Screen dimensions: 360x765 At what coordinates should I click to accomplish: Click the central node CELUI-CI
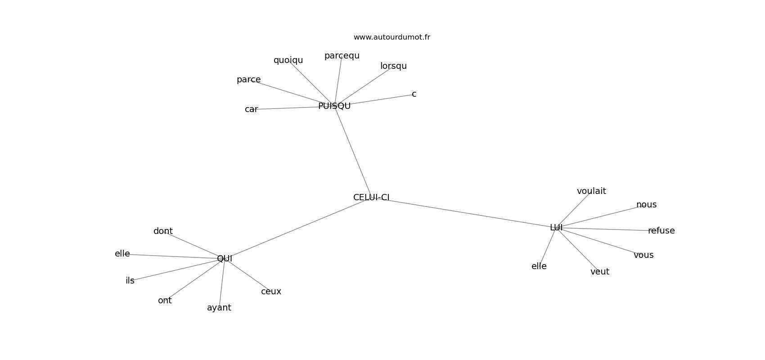(371, 198)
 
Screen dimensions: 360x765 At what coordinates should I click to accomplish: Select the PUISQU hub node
(334, 106)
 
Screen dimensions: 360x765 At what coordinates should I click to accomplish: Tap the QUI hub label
(225, 259)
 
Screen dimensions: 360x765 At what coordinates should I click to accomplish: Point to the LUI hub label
(556, 228)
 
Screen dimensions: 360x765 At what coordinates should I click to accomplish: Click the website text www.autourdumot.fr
(391, 37)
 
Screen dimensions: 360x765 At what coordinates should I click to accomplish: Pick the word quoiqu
(288, 60)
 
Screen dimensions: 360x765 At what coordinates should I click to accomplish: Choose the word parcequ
(342, 56)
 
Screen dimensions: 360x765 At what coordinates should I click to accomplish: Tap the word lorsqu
(393, 66)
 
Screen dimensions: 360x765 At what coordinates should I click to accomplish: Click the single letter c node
(414, 94)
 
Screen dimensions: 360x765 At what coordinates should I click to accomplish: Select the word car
(252, 109)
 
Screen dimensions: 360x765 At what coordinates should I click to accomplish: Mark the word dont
(163, 231)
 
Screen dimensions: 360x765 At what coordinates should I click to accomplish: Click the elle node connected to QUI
(122, 254)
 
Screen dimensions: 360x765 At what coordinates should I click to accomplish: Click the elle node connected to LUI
(539, 266)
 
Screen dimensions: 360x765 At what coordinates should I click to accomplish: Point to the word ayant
(219, 308)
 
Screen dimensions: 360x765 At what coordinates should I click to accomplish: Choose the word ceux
(271, 292)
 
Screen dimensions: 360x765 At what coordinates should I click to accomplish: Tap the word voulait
(591, 191)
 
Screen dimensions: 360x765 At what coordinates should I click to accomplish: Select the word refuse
(661, 231)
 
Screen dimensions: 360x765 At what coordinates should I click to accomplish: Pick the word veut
(600, 272)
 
